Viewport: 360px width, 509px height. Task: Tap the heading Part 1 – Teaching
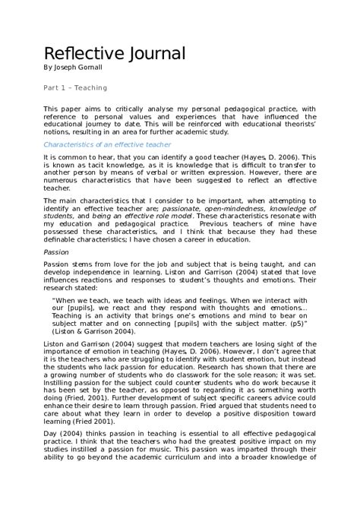(75, 88)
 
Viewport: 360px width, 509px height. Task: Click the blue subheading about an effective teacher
(107, 144)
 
